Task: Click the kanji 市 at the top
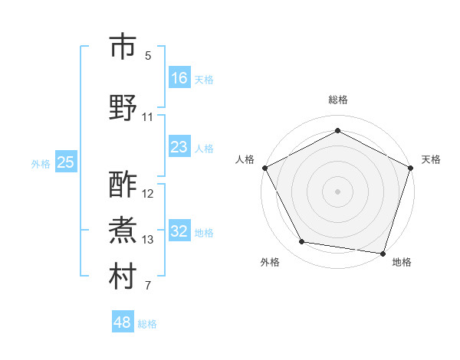click(123, 47)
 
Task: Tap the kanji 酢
click(123, 185)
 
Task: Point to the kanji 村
click(123, 277)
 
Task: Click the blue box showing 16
click(179, 78)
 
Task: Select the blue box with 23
click(179, 147)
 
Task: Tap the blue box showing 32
click(179, 231)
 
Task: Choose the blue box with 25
click(65, 162)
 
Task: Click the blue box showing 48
click(123, 322)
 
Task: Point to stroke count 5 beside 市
click(148, 56)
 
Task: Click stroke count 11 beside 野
click(148, 117)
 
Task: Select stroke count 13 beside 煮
click(148, 240)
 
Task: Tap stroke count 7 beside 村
click(148, 286)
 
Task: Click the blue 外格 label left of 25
click(41, 163)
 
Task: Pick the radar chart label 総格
click(337, 100)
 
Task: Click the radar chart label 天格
click(431, 159)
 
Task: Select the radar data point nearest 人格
click(264, 167)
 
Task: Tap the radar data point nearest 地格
click(383, 253)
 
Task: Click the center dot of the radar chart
click(337, 191)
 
